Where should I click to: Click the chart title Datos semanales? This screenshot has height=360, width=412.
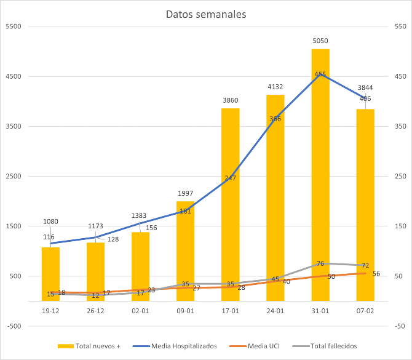[x=206, y=14]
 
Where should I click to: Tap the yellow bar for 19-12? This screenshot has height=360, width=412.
[x=50, y=274]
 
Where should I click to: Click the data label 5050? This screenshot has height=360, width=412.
[x=320, y=41]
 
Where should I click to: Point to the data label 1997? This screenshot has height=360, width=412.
[x=186, y=193]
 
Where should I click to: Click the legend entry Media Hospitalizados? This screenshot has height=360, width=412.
[x=178, y=346]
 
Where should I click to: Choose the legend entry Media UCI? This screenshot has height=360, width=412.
[x=260, y=346]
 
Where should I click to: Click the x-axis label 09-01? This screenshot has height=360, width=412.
[x=186, y=312]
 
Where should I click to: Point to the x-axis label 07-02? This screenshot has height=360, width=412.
[x=365, y=312]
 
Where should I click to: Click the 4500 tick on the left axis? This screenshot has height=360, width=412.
[x=14, y=77]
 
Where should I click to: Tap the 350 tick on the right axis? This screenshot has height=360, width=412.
[x=400, y=127]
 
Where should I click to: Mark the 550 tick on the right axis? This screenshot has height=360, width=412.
[x=400, y=27]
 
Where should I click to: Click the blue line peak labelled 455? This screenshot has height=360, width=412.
[x=320, y=74]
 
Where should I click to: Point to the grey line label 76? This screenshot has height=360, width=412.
[x=320, y=263]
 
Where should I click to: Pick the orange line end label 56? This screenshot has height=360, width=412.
[x=376, y=274]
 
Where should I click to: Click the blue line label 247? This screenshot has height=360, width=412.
[x=231, y=178]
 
